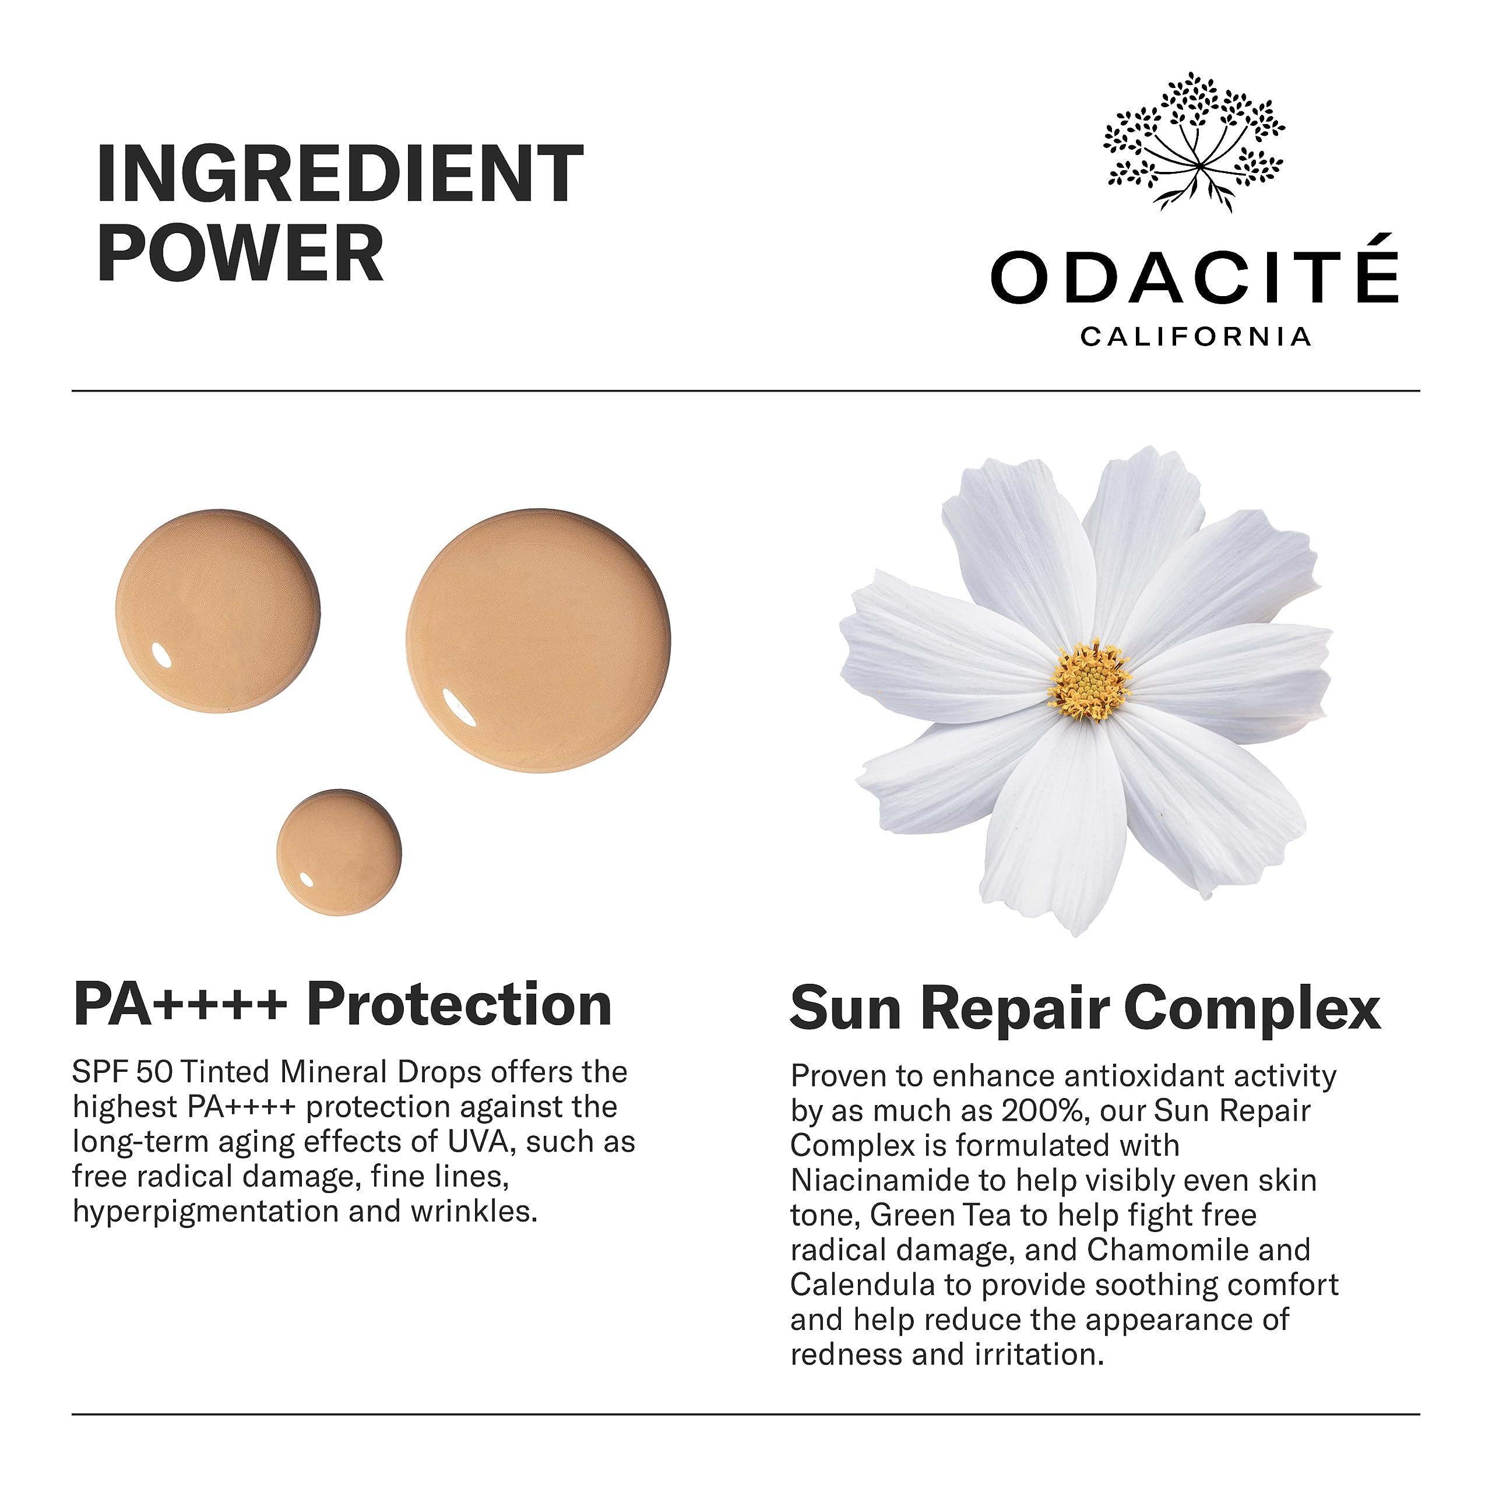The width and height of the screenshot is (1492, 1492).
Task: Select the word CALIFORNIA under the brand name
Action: tap(1195, 337)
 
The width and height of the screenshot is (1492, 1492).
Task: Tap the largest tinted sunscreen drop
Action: tap(539, 640)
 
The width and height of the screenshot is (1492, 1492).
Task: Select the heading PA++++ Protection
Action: tap(343, 1005)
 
